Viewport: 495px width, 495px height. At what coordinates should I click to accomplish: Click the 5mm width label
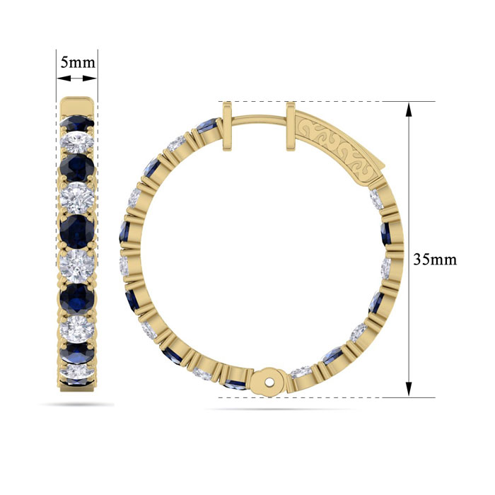coord(77,62)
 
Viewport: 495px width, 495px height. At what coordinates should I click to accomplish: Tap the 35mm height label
coord(435,260)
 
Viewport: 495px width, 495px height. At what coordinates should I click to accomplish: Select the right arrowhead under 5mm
coord(90,78)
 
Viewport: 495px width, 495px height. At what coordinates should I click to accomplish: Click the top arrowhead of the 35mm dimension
coord(409,110)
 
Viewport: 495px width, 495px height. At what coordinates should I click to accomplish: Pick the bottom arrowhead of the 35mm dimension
coord(409,389)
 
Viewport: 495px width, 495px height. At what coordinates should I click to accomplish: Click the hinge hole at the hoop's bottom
coord(269,383)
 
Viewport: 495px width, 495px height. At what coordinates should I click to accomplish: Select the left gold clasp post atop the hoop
coord(227,127)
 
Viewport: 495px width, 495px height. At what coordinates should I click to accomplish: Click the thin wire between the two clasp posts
coord(260,118)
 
